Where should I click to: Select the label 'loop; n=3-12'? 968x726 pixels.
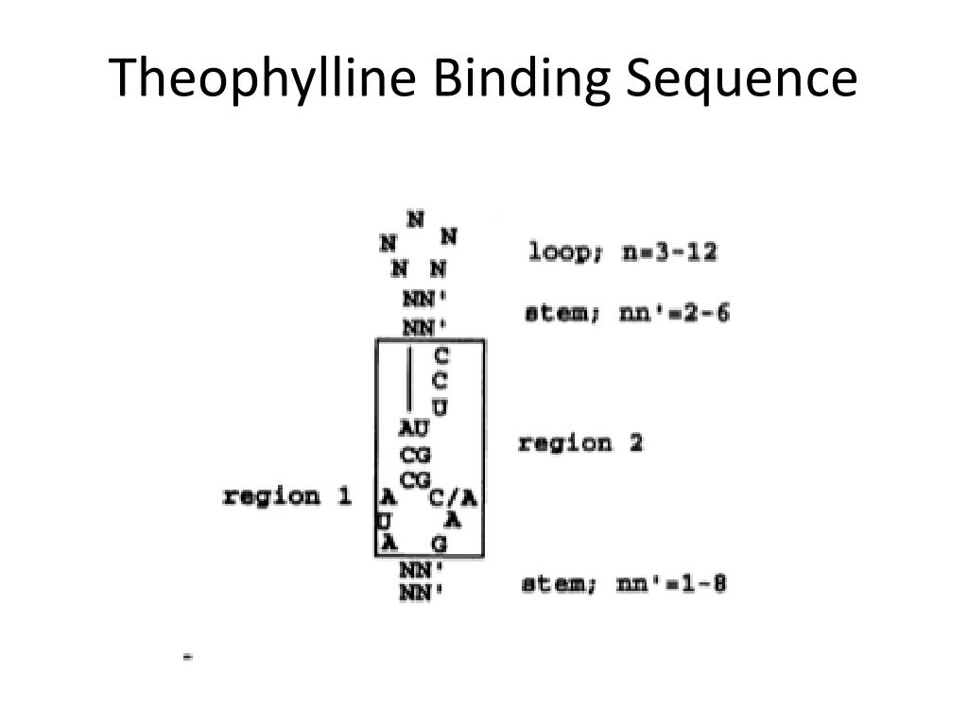click(622, 252)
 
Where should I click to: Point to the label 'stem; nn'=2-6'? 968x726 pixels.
click(627, 313)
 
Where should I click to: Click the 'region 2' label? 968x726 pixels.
click(580, 442)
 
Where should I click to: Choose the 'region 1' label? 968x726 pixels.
click(286, 496)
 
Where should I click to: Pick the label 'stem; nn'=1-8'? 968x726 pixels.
click(624, 584)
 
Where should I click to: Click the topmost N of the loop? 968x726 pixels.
click(415, 219)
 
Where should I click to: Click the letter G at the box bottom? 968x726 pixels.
click(439, 544)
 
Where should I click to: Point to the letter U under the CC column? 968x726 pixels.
click(440, 407)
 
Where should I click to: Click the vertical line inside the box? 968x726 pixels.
click(409, 378)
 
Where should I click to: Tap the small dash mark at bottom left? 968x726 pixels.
click(188, 655)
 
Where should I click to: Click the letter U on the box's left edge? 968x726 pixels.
click(381, 521)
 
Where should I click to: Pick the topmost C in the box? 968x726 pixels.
click(441, 356)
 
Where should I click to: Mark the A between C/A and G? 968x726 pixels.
click(453, 520)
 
